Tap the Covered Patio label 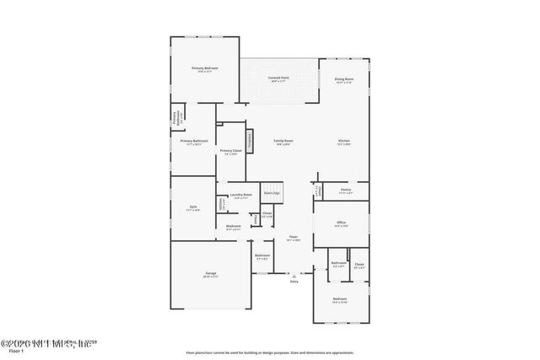point(279,78)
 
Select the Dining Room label point(344,78)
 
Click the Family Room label point(283,140)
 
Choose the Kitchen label point(344,140)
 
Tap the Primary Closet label point(231,151)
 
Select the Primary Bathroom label point(194,141)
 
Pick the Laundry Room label point(241,195)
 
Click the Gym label point(192,207)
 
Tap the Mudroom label point(234,226)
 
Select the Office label point(342,223)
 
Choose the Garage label point(211,274)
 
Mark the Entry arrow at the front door point(293,275)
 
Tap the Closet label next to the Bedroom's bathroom point(359,264)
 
